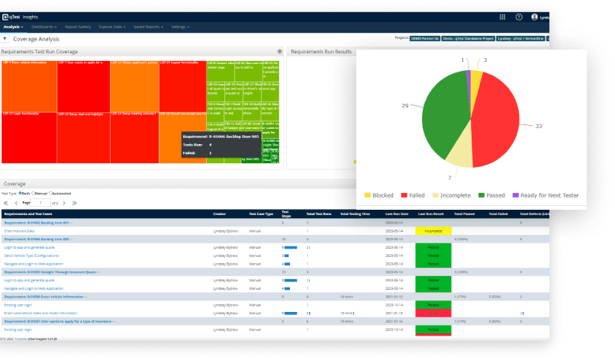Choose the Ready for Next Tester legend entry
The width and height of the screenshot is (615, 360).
[545, 195]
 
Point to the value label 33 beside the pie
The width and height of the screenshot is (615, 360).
[539, 125]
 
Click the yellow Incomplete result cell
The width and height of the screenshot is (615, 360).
[433, 230]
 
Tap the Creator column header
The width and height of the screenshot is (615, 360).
[220, 214]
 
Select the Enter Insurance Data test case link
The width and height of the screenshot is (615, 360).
[21, 230]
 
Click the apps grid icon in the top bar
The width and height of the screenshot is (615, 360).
[502, 16]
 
